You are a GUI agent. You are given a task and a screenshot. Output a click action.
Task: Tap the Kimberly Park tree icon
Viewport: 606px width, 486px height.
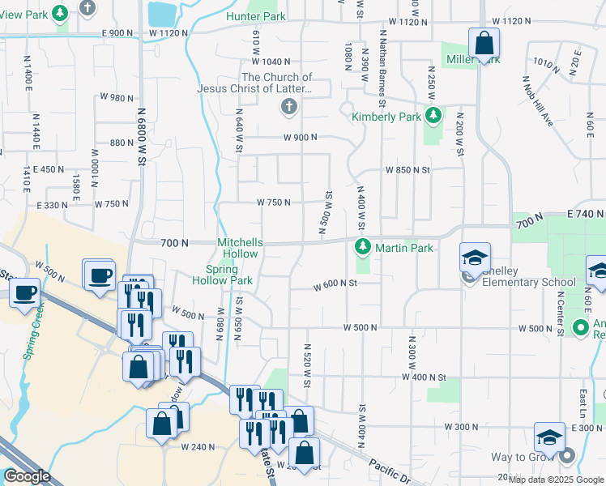433,116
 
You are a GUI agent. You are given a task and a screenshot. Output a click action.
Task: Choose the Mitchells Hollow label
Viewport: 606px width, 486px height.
240,248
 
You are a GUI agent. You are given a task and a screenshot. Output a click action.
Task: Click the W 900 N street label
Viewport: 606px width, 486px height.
300,138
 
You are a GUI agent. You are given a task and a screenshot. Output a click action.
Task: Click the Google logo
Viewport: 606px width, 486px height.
28,476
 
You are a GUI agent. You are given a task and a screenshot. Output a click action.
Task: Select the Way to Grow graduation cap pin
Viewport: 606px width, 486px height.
548,438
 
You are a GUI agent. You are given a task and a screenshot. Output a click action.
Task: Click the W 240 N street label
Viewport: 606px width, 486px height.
196,446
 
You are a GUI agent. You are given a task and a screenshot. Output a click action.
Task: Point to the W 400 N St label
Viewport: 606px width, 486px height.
425,377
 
